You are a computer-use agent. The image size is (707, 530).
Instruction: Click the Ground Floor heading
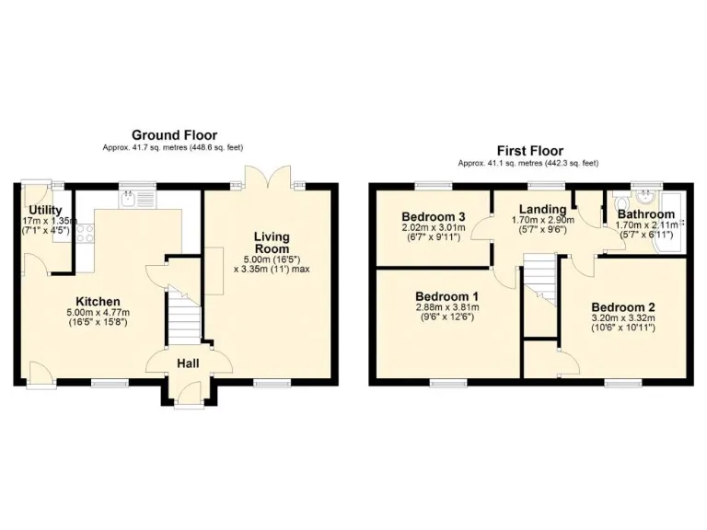(x=173, y=134)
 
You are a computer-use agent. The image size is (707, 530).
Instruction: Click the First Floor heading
(x=529, y=151)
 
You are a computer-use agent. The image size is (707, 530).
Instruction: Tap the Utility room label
(x=45, y=210)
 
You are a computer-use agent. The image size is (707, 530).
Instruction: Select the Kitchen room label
(x=98, y=302)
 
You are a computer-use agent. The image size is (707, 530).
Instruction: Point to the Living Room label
(x=272, y=243)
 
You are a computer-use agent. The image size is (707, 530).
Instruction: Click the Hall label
(x=189, y=364)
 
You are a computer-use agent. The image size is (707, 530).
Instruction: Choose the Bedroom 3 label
(x=434, y=216)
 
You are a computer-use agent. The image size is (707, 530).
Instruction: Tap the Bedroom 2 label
(x=622, y=306)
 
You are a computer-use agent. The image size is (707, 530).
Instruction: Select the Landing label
(x=542, y=209)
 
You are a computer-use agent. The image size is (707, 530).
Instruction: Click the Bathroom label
(x=645, y=214)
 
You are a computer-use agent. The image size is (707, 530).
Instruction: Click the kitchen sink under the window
(x=133, y=199)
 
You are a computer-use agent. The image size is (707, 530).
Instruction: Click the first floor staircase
(x=540, y=281)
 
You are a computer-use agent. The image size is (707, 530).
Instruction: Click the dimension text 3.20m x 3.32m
(x=622, y=318)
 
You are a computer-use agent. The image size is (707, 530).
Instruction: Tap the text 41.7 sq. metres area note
(x=173, y=147)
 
